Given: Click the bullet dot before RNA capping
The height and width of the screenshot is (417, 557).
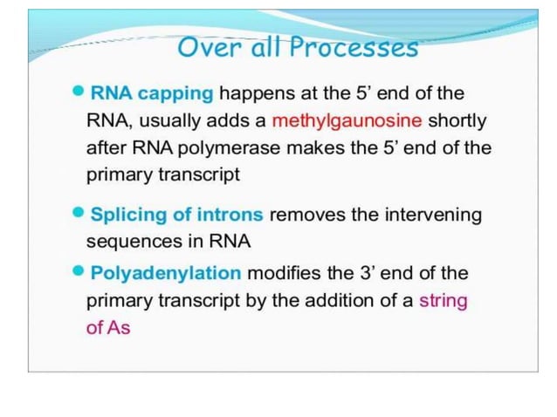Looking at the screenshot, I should [x=79, y=92].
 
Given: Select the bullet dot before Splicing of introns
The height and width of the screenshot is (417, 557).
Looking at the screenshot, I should [x=79, y=213].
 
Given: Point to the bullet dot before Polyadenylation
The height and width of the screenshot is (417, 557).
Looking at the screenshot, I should [x=79, y=272].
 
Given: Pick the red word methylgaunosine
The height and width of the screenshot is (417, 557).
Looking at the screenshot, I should [x=347, y=120].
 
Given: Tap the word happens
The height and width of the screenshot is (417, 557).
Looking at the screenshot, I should [x=257, y=93].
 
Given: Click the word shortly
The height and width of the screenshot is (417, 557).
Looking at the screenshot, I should [x=457, y=120].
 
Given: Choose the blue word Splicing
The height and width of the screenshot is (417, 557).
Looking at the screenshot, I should [x=125, y=215].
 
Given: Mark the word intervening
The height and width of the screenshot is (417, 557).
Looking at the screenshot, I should [x=431, y=215].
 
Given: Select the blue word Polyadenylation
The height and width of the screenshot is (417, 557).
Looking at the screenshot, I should [x=166, y=274].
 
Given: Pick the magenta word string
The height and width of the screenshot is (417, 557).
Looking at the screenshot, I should [x=444, y=301].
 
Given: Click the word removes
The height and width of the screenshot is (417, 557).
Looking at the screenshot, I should [x=309, y=215].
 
